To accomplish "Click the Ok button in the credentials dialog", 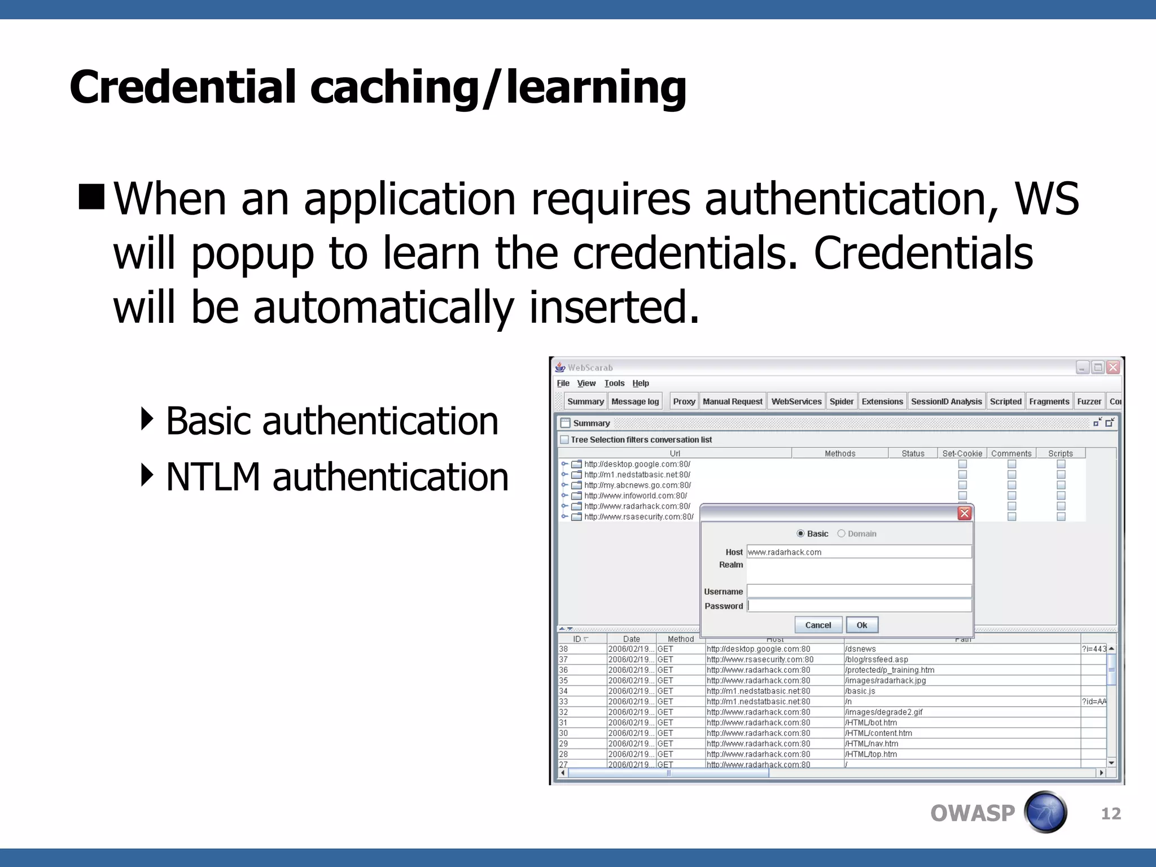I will point(861,625).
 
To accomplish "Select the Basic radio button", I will point(800,533).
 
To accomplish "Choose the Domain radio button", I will point(841,533).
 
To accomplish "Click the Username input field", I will point(859,591).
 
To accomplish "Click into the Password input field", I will point(859,606).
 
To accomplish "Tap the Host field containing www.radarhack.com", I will point(859,552).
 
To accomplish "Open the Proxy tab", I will point(684,401).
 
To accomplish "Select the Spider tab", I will point(841,401).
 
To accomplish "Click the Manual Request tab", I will point(732,401).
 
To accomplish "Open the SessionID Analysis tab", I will point(946,401).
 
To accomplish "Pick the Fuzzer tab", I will point(1089,401).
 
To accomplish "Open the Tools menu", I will point(614,383).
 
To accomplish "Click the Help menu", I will point(641,383).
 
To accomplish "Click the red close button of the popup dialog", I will point(965,513).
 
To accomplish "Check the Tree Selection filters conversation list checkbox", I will point(564,440).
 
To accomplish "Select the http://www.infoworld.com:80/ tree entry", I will point(636,496).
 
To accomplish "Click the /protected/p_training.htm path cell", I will point(890,670).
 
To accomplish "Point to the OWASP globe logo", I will point(1045,812).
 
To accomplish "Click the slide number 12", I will point(1111,813).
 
